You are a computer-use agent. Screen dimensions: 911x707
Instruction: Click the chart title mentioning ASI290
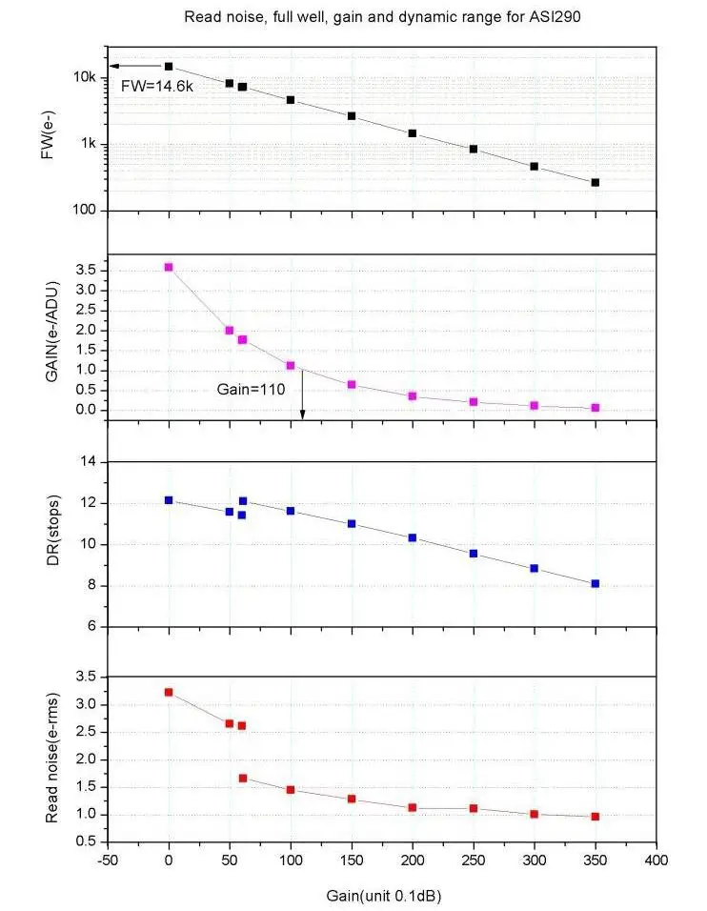click(379, 17)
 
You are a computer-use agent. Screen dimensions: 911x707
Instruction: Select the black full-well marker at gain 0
click(169, 66)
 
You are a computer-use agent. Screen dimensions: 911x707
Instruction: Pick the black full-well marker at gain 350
click(596, 182)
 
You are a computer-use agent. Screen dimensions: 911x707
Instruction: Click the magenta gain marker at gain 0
click(169, 267)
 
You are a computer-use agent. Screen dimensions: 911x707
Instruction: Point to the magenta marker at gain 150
click(352, 384)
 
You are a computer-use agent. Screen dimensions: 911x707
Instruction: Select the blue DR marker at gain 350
click(596, 583)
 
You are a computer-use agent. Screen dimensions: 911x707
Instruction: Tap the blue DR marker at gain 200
click(413, 537)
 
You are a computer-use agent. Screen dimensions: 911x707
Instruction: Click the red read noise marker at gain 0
click(169, 692)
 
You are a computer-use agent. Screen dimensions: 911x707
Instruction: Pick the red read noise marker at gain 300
click(535, 814)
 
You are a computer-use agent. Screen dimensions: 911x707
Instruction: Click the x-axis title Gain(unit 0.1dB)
click(381, 897)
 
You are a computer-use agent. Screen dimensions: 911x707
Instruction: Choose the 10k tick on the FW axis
click(86, 77)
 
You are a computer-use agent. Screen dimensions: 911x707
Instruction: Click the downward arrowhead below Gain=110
click(303, 415)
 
